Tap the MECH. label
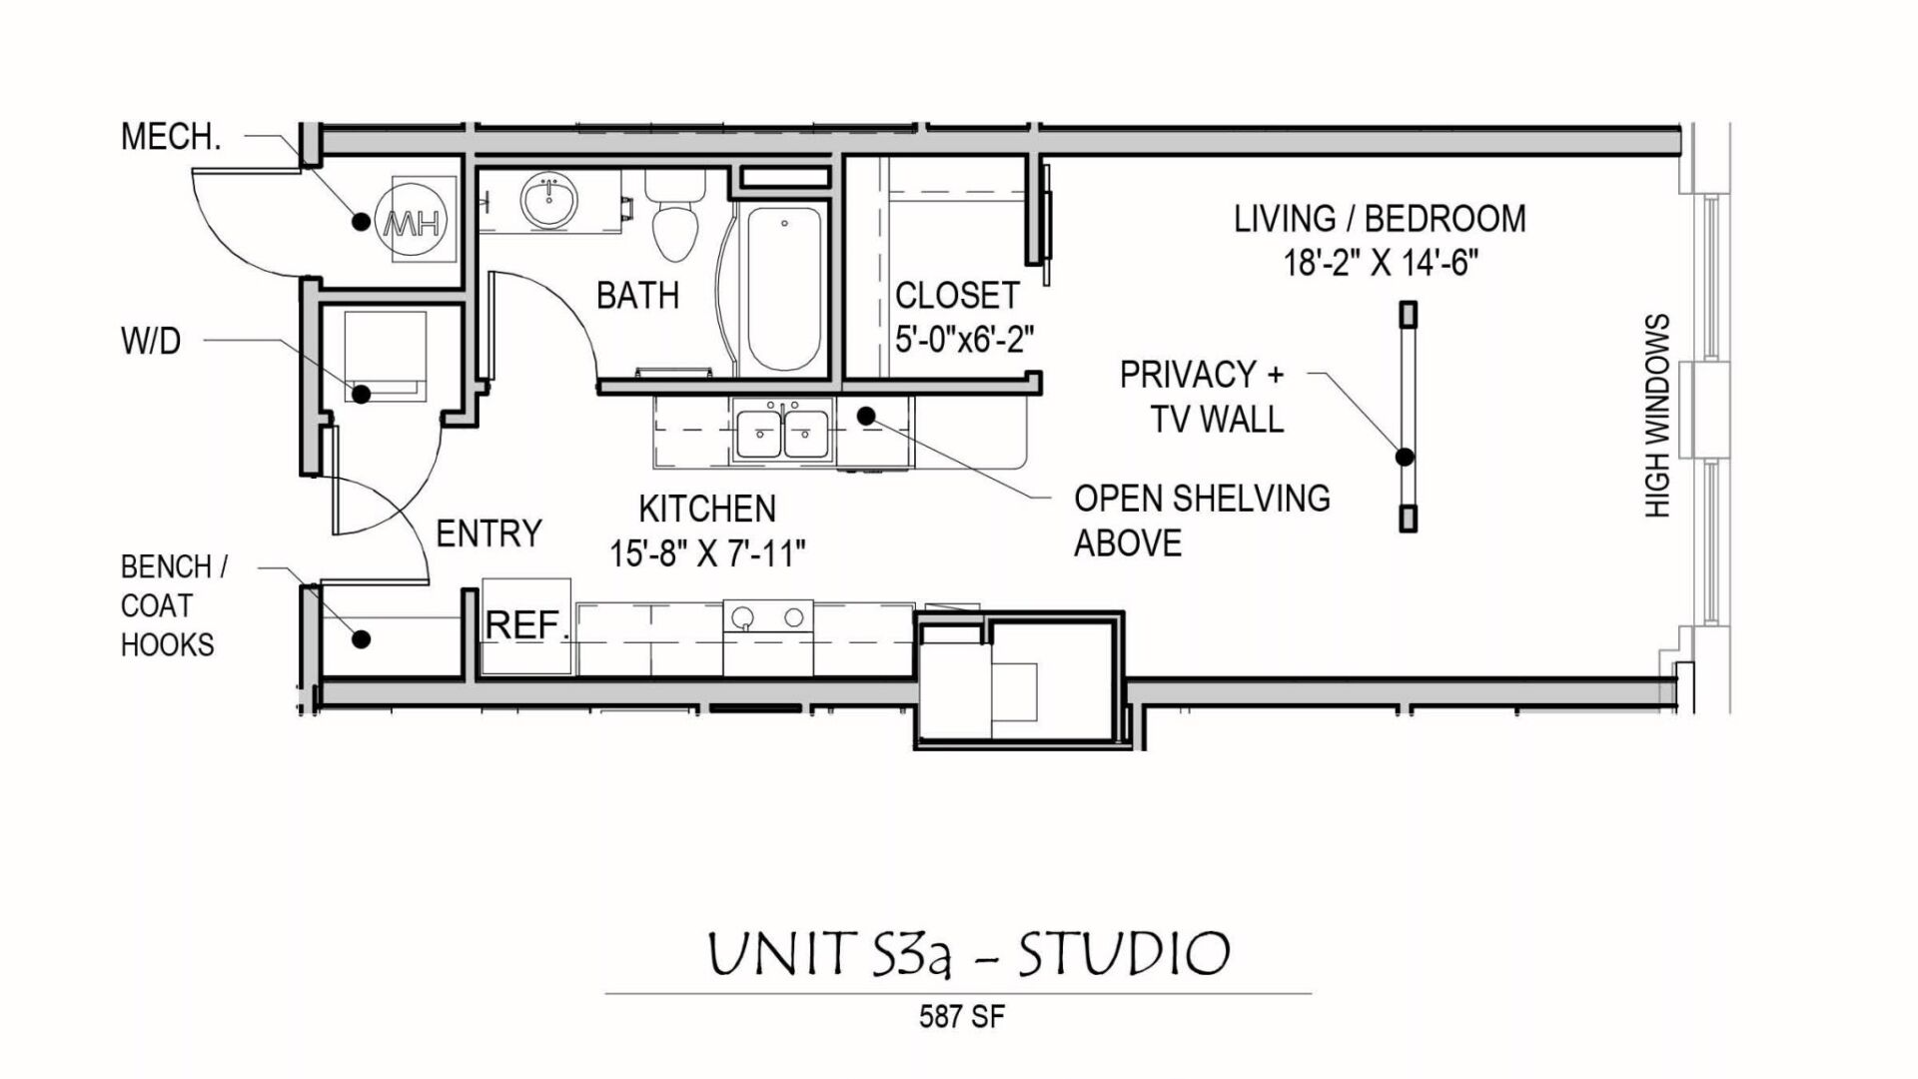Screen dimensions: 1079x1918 pyautogui.click(x=171, y=137)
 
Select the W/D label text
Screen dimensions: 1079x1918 pyautogui.click(x=151, y=342)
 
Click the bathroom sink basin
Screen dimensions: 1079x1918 pyautogui.click(x=548, y=203)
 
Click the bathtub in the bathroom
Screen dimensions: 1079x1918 pyautogui.click(x=784, y=289)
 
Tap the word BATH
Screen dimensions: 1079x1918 pyautogui.click(x=637, y=296)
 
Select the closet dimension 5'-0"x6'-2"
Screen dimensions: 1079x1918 pyautogui.click(x=964, y=341)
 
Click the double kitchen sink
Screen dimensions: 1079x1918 pyautogui.click(x=782, y=434)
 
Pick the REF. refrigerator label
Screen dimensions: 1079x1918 pyautogui.click(x=525, y=626)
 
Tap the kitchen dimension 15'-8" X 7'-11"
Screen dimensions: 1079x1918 pyautogui.click(x=707, y=552)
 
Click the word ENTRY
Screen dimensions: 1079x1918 pyautogui.click(x=488, y=534)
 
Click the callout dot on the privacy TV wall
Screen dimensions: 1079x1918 pyautogui.click(x=1405, y=458)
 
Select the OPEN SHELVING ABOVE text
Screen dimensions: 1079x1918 pyautogui.click(x=1201, y=521)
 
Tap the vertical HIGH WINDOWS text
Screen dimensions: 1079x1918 pyautogui.click(x=1657, y=416)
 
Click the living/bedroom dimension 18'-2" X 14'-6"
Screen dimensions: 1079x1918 pyautogui.click(x=1380, y=263)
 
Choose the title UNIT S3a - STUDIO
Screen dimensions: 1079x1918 pyautogui.click(x=968, y=953)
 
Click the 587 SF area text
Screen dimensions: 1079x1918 pyautogui.click(x=961, y=1017)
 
